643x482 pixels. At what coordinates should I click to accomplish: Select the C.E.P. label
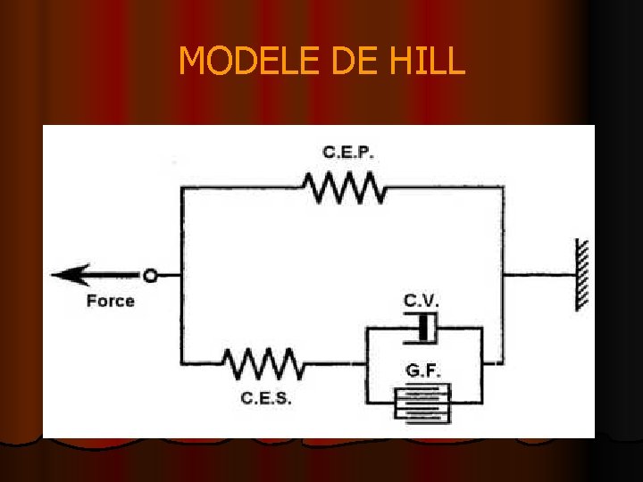pos(348,153)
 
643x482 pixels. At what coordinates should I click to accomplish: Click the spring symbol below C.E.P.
pos(344,187)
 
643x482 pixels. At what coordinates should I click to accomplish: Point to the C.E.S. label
pos(266,398)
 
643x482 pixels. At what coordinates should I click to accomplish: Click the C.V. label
pos(422,300)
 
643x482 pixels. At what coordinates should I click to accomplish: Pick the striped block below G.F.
pos(422,402)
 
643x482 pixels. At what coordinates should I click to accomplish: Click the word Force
pos(111,301)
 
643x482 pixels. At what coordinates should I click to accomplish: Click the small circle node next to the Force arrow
pos(150,276)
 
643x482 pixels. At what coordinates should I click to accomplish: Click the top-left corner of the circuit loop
pos(182,188)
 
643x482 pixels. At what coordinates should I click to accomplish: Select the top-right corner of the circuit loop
pos(503,188)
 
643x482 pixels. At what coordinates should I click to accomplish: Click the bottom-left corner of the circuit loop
pos(182,362)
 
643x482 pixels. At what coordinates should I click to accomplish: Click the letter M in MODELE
pos(191,61)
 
